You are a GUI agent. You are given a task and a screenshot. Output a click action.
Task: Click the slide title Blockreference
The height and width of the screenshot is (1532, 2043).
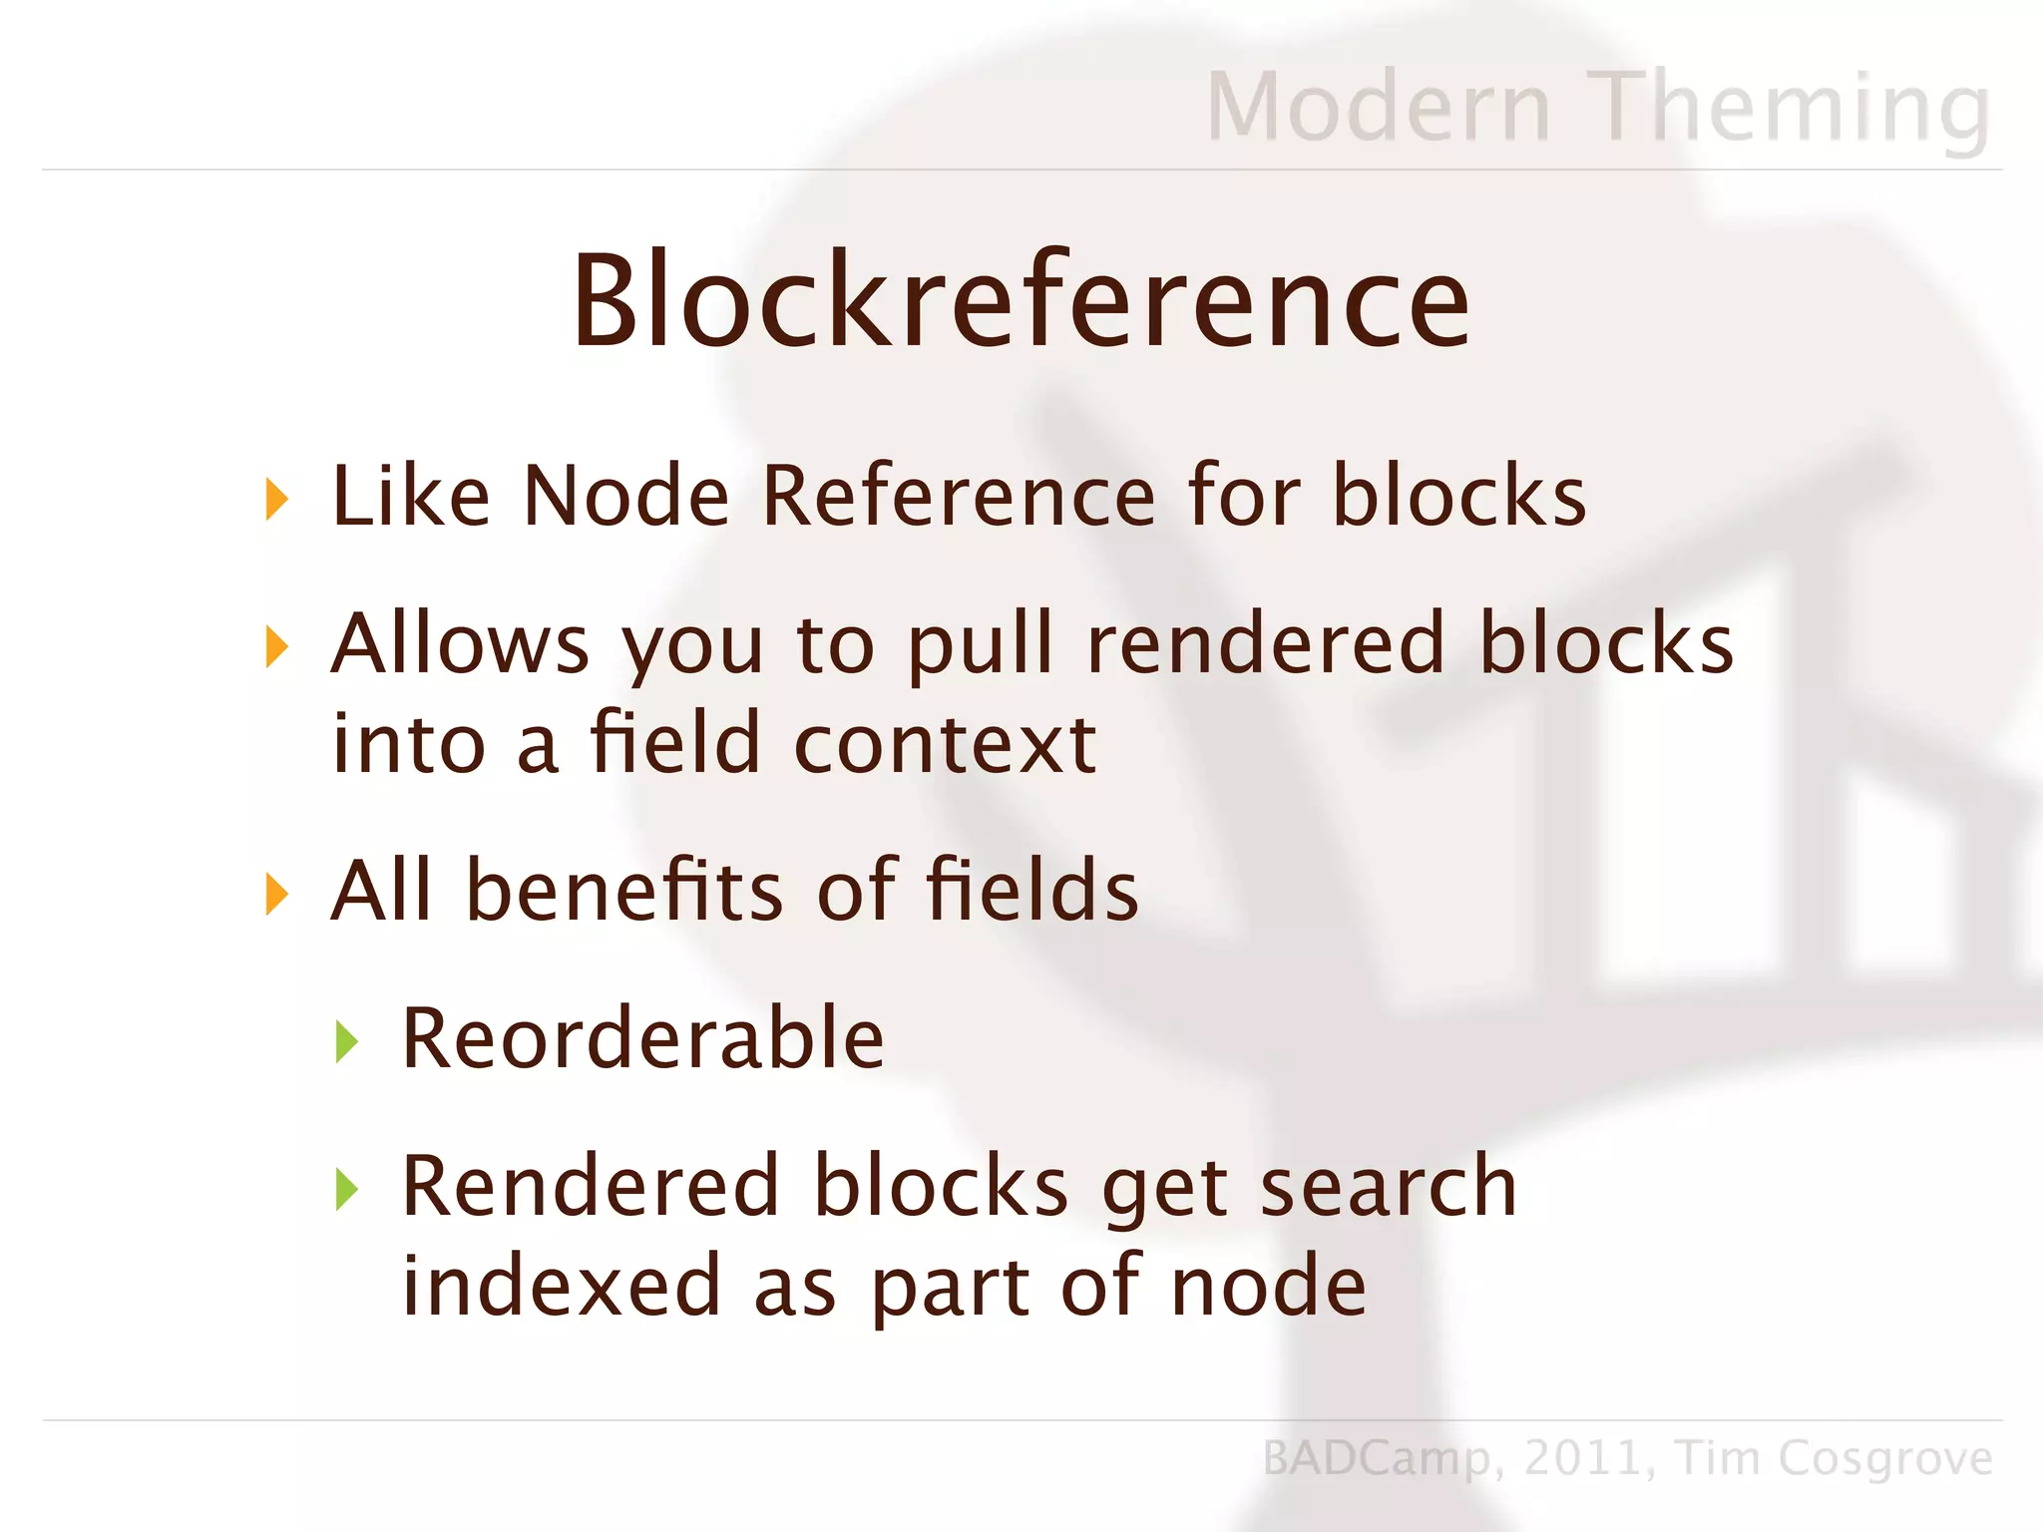point(1021,300)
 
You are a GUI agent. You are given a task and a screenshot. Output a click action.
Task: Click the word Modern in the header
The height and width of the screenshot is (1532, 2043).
point(1378,107)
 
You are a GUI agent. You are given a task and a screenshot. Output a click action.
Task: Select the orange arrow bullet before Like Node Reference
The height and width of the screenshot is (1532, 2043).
point(277,499)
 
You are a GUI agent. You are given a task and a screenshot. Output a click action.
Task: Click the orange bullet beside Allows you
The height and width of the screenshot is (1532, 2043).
point(277,646)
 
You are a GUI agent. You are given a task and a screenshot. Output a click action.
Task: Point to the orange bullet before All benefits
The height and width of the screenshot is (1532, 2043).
point(277,893)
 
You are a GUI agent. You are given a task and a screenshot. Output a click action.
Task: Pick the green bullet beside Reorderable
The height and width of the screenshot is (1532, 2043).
point(346,1041)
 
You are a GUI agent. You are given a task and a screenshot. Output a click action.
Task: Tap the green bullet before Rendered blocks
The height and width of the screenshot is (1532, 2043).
point(346,1189)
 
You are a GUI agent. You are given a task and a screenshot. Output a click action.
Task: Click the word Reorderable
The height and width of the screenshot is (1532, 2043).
point(642,1039)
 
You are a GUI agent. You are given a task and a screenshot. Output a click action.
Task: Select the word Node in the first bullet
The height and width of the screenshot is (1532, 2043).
point(626,496)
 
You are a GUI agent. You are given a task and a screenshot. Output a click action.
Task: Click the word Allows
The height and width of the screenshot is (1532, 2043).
point(460,643)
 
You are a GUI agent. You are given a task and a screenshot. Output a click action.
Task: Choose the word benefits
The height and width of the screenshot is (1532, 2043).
point(624,890)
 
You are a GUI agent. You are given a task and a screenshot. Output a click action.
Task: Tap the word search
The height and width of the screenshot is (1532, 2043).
point(1388,1187)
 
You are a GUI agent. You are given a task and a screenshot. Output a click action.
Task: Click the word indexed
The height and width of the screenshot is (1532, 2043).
point(561,1286)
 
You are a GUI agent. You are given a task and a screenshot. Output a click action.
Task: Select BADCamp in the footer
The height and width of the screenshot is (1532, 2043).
point(1377,1459)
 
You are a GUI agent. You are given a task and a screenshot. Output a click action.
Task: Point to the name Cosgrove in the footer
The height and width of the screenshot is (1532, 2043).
point(1884,1459)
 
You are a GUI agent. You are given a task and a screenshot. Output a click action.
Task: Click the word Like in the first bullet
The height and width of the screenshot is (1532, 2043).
point(410,496)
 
